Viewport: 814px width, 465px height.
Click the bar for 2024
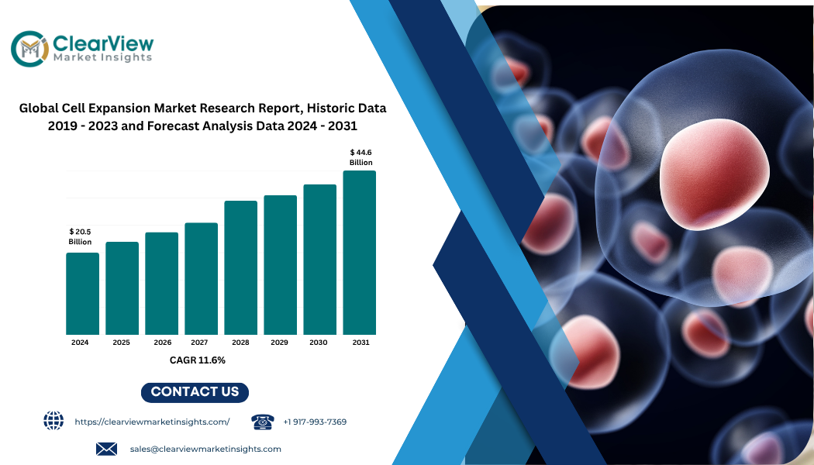[82, 294]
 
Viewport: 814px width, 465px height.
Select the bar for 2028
[241, 268]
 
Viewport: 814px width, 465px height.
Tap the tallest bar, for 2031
[359, 253]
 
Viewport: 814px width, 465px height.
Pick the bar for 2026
[161, 284]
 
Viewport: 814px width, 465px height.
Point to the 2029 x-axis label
[279, 343]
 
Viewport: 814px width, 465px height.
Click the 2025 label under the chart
[122, 343]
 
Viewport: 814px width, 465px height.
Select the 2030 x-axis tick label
[318, 343]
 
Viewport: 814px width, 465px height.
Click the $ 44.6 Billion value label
[360, 157]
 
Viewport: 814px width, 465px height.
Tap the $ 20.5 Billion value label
[80, 236]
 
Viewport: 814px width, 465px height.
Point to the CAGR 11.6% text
[197, 360]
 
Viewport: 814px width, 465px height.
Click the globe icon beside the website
[53, 420]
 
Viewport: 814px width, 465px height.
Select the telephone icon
[263, 422]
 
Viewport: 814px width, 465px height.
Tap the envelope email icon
[106, 449]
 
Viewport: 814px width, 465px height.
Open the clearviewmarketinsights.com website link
[152, 422]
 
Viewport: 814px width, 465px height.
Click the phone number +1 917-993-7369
[315, 422]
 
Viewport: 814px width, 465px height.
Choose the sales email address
[205, 449]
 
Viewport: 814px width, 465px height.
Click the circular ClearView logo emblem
[30, 49]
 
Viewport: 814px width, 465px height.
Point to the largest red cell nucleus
[714, 174]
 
